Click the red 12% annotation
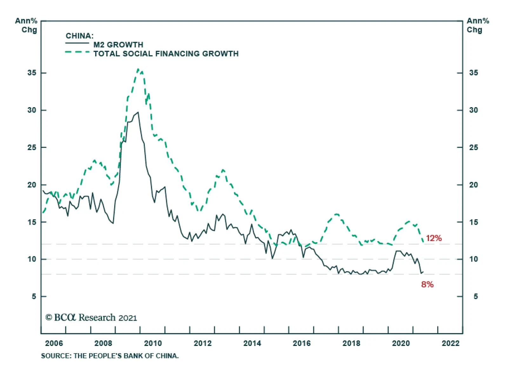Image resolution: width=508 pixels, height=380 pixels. point(434,238)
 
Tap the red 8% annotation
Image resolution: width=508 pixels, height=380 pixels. point(427,285)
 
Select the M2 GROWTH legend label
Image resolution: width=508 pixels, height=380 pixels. point(118,45)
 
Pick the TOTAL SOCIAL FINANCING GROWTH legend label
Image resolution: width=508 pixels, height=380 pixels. point(166,54)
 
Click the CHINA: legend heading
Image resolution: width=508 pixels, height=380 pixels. point(79,36)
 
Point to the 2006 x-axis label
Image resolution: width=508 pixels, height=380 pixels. point(54,343)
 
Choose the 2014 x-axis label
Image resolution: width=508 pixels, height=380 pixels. point(252,343)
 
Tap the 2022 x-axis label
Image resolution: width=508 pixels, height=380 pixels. point(451,343)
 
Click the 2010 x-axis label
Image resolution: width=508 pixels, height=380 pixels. point(153,343)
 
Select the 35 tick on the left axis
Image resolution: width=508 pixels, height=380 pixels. point(32,73)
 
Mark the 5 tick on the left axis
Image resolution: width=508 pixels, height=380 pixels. point(34,296)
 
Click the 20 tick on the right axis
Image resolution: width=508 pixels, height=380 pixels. point(473,185)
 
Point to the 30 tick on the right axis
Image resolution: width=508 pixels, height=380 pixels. point(473,110)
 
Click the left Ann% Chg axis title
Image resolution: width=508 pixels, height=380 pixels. point(26,25)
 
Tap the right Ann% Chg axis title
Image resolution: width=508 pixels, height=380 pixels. point(478,25)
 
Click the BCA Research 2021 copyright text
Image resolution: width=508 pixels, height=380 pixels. point(91,318)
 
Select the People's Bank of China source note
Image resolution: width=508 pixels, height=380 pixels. point(110,356)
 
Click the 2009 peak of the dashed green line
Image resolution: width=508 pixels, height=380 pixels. point(138,69)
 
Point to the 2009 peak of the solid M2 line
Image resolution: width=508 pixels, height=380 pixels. point(138,112)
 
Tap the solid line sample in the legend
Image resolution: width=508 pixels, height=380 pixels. point(77,43)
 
